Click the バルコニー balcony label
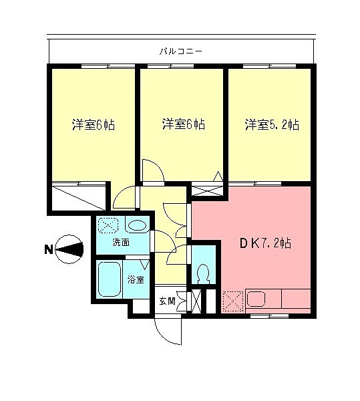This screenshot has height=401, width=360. [181, 50]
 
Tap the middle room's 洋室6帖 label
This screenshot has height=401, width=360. [182, 124]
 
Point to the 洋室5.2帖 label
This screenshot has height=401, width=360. [271, 124]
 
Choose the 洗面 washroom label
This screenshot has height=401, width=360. [120, 242]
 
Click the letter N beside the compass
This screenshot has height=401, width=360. [48, 251]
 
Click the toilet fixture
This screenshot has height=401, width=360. [202, 273]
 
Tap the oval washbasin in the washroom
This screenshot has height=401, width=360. [137, 225]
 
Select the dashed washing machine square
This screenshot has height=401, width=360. [108, 225]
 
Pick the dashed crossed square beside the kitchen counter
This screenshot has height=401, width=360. [233, 300]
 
